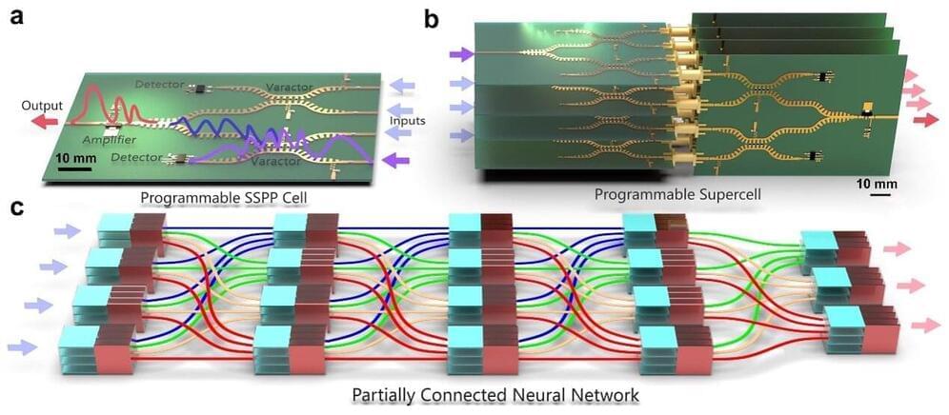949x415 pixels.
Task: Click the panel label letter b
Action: coord(432,16)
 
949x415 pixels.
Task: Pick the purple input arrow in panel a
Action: coord(399,161)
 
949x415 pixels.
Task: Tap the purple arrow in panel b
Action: coord(462,57)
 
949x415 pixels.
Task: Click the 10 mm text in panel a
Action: coord(73,156)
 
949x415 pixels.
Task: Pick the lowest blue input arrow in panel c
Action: coord(24,347)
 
